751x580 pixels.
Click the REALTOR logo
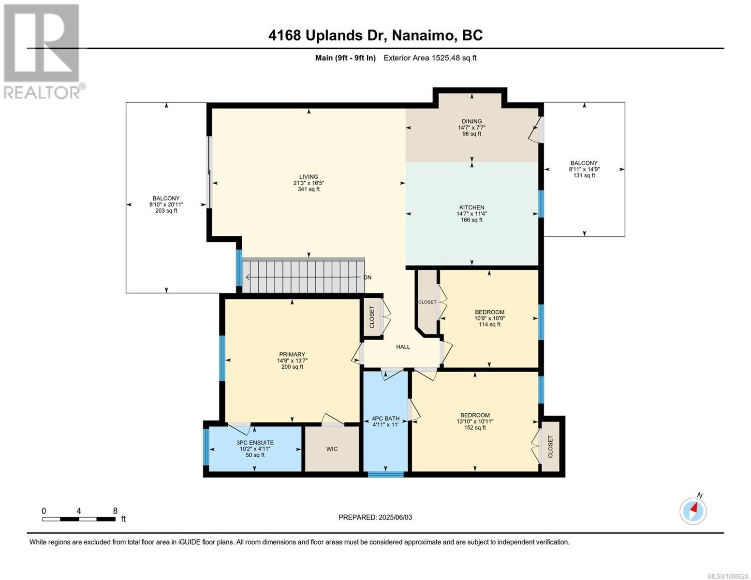coord(43,52)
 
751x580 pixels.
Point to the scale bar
coord(79,519)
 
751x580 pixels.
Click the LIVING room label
coord(309,176)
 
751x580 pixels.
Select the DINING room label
coord(472,121)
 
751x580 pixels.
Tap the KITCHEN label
coord(472,207)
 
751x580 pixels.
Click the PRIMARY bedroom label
coord(292,354)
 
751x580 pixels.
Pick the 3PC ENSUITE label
coord(255,443)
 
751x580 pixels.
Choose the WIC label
coord(332,449)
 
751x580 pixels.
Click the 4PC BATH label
coord(386,419)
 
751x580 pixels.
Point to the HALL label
coord(403,347)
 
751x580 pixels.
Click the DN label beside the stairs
coord(368,277)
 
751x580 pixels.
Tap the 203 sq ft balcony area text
coord(166,211)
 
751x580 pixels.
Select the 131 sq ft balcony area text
coord(584,175)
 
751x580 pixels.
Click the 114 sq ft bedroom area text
coord(489,324)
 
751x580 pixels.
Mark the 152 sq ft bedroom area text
coord(475,428)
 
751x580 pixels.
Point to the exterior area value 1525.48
coord(446,58)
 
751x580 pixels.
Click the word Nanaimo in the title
coord(423,36)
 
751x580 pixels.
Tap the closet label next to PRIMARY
coord(372,317)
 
